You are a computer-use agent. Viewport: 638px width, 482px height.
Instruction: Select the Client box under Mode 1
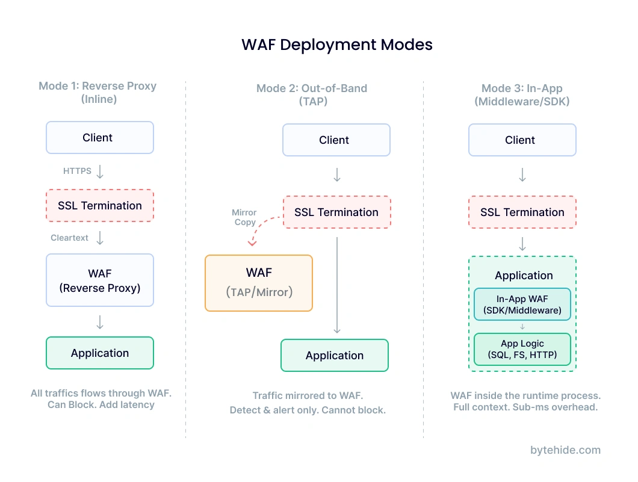tap(100, 138)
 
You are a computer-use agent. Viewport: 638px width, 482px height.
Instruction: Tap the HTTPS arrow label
tap(77, 171)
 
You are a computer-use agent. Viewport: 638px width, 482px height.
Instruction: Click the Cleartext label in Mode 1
tap(69, 238)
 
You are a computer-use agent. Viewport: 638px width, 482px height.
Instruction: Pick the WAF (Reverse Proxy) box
tap(100, 280)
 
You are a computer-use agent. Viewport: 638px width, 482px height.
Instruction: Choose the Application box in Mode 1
tap(100, 353)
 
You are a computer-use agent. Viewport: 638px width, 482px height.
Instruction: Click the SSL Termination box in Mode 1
tap(100, 206)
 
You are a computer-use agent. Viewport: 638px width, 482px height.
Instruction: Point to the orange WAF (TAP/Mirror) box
tap(259, 283)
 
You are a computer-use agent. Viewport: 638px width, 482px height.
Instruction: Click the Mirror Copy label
tap(244, 217)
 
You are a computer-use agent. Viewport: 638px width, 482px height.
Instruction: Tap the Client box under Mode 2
tap(336, 140)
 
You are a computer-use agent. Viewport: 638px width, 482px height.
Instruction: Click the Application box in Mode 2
tap(335, 356)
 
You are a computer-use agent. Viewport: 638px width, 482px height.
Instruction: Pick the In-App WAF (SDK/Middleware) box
tap(522, 304)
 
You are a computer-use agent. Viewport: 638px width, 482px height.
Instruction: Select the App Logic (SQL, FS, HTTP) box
tap(522, 350)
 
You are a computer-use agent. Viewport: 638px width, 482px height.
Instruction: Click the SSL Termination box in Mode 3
tap(522, 212)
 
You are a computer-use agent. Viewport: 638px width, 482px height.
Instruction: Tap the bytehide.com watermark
tap(565, 450)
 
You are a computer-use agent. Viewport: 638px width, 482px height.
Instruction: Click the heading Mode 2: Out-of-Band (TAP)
tap(312, 94)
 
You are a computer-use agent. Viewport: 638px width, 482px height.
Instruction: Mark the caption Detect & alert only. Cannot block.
tap(308, 410)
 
